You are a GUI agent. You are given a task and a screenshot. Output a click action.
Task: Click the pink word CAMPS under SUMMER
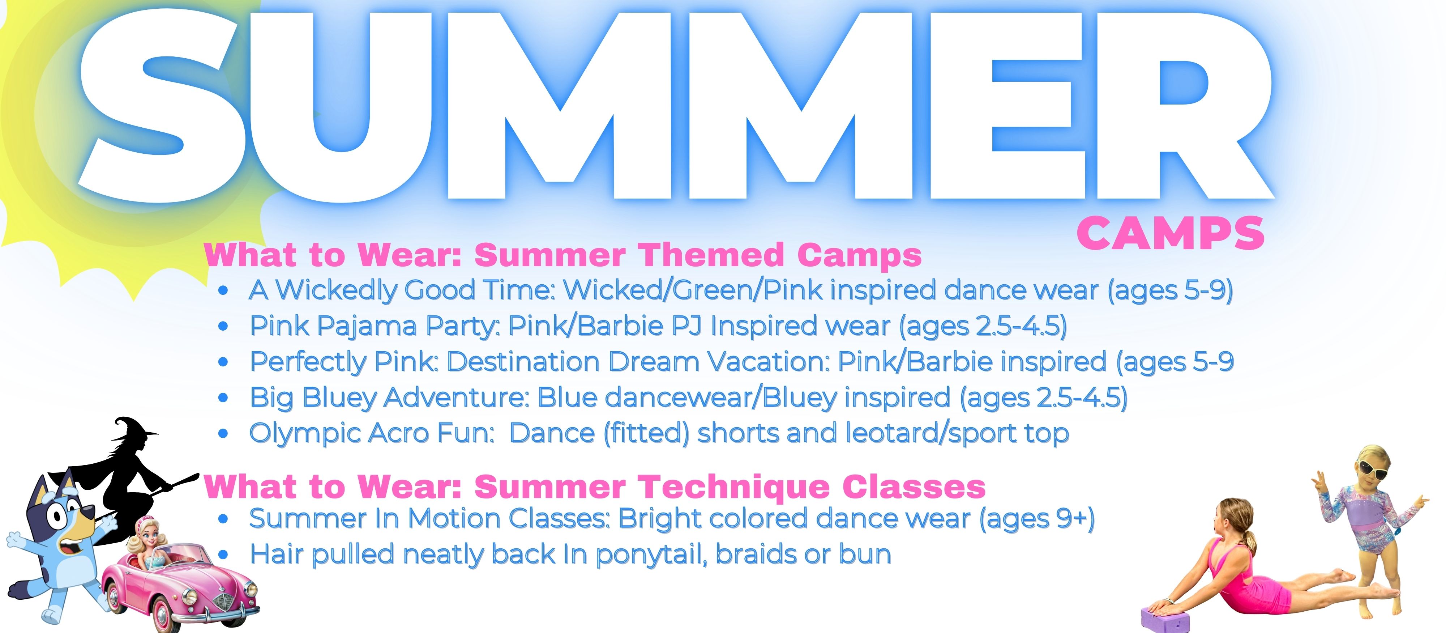point(1171,233)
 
